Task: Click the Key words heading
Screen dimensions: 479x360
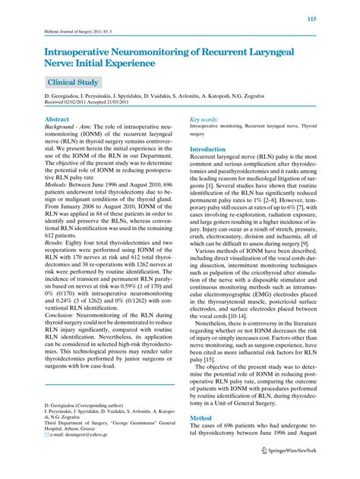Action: pyautogui.click(x=205, y=120)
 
